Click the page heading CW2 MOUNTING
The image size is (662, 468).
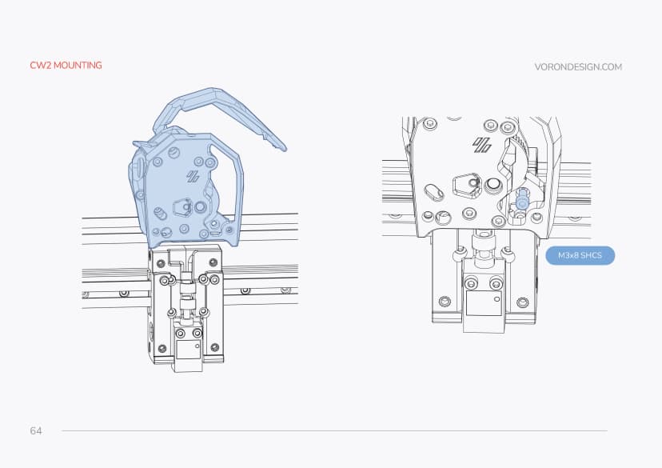click(66, 65)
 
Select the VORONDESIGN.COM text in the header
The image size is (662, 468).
click(577, 67)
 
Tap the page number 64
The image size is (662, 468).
click(36, 430)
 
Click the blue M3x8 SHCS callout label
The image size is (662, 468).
click(579, 256)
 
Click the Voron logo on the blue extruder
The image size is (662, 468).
click(193, 177)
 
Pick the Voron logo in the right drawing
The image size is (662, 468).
click(481, 145)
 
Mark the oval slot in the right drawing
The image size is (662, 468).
click(433, 191)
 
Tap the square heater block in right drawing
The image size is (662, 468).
click(484, 303)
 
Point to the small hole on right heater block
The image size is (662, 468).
click(496, 298)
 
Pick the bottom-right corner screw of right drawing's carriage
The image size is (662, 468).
click(523, 302)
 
